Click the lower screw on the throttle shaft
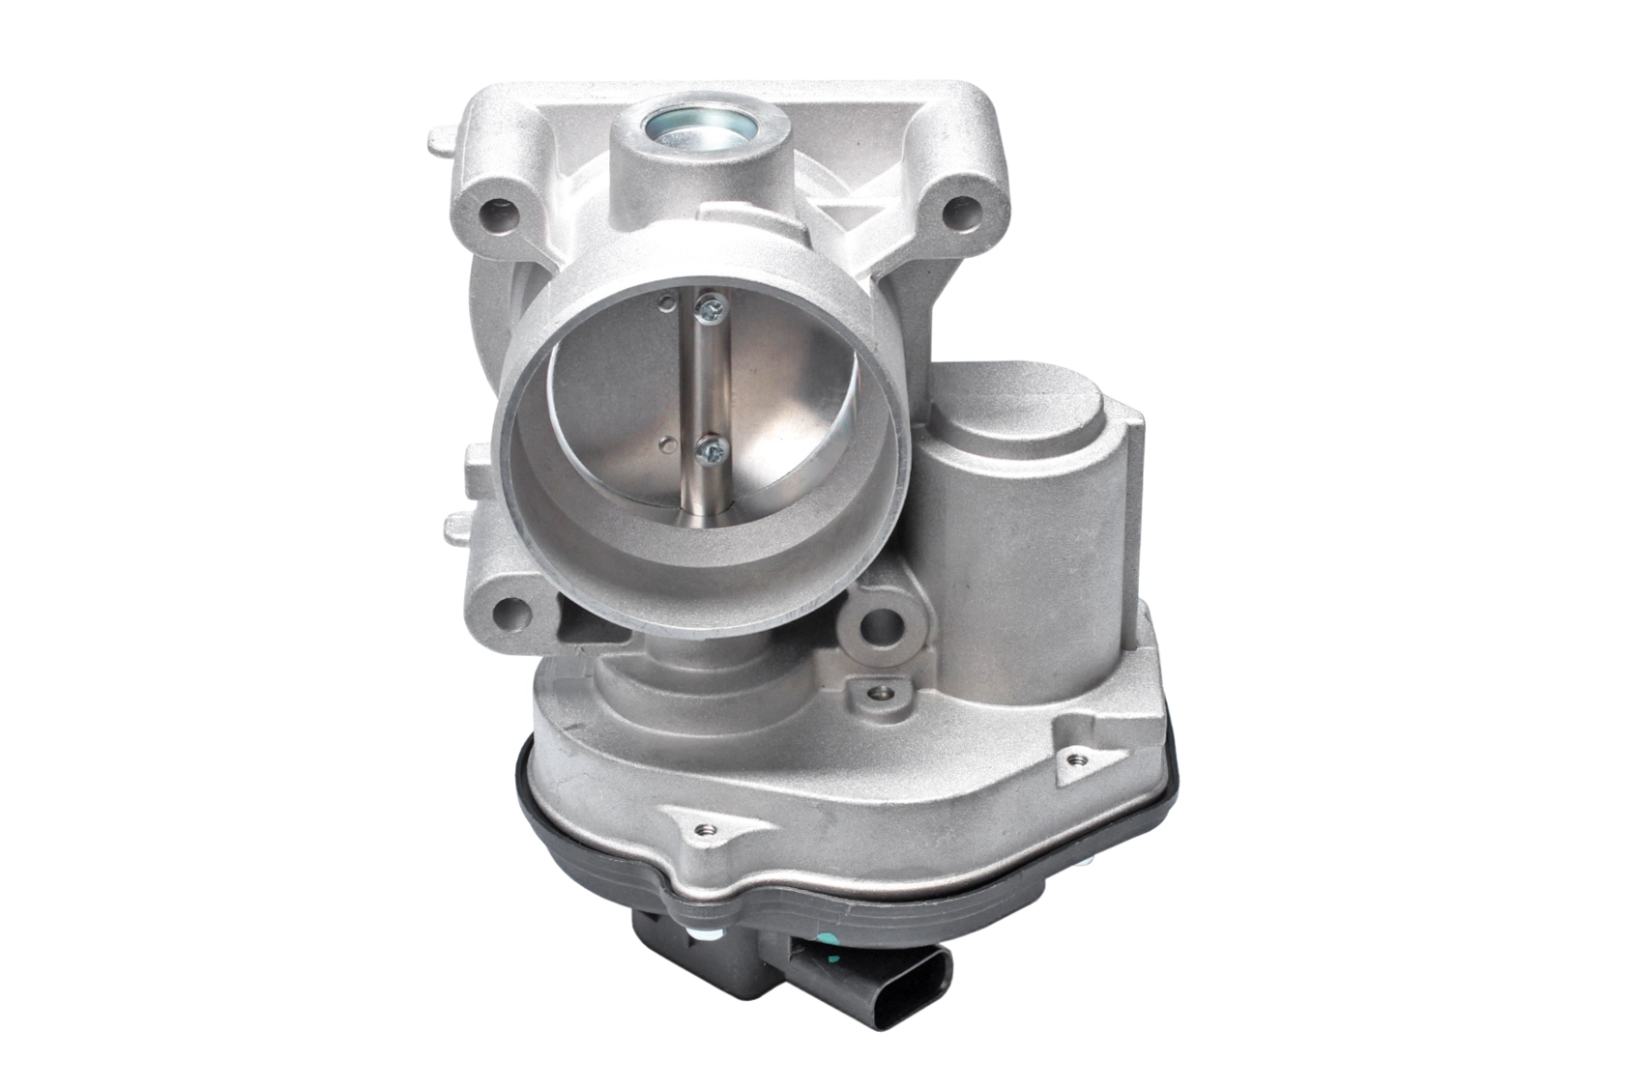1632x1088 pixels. coord(713,448)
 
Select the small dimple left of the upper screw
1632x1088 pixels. coord(663,306)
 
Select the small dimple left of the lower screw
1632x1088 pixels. coord(664,444)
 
